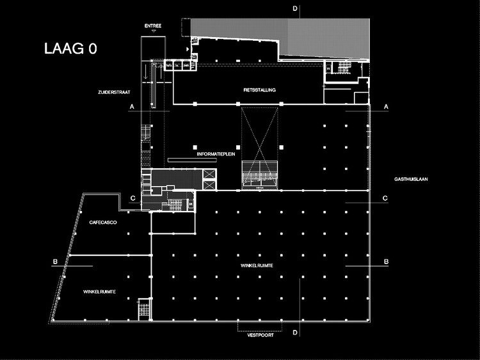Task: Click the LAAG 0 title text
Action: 70,49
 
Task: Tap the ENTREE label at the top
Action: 153,26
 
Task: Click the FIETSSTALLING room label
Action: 259,90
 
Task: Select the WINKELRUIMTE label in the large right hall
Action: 258,266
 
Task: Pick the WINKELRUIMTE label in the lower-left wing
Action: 99,292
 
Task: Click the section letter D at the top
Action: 295,8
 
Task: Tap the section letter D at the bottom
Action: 295,333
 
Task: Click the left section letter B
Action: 56,262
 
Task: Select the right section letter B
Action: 386,262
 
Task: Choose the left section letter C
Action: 132,198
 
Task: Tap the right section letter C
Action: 386,198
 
